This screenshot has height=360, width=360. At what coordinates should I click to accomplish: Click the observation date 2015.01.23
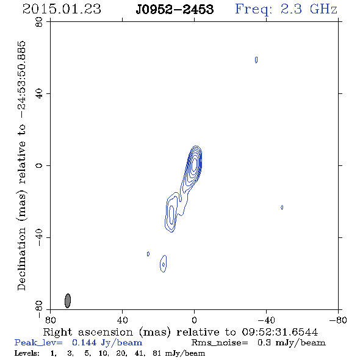tap(62, 9)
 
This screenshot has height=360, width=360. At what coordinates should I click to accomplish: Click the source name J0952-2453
tap(175, 10)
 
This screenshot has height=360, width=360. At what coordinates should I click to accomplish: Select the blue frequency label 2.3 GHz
tap(309, 9)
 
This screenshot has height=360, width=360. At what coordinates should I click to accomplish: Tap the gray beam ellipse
tap(68, 301)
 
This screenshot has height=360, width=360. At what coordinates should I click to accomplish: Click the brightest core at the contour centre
tap(195, 164)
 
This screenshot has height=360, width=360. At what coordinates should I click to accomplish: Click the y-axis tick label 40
tap(39, 94)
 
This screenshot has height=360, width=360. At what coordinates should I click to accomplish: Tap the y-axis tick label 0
tap(39, 165)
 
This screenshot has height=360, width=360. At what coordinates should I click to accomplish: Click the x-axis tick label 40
tap(122, 320)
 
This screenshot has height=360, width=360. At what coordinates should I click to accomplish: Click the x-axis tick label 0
tap(194, 320)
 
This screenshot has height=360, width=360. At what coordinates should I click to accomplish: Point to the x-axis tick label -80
tap(337, 320)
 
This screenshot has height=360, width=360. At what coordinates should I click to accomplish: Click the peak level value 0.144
tap(84, 342)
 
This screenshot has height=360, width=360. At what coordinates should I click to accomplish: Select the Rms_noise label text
tap(220, 343)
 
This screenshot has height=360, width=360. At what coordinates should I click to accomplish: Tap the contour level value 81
tap(157, 353)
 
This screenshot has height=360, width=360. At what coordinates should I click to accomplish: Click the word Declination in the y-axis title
tap(21, 259)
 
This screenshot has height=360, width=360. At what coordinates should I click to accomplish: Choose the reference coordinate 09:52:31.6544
tap(280, 332)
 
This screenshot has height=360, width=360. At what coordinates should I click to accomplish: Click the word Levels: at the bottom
tap(27, 353)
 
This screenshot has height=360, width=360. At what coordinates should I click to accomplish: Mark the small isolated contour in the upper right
tap(256, 60)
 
